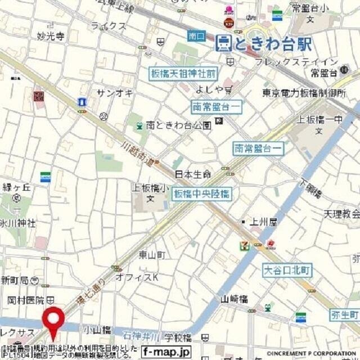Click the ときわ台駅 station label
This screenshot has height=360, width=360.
click(264, 43)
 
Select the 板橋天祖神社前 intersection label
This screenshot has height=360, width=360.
click(183, 74)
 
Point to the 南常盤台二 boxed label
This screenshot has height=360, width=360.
click(259, 148)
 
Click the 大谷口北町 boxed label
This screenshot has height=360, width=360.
click(287, 271)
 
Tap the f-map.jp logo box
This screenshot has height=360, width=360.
click(166, 352)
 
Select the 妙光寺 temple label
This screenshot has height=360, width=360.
click(51, 36)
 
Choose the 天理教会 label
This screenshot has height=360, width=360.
click(341, 214)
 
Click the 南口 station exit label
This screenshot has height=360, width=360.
click(196, 36)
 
